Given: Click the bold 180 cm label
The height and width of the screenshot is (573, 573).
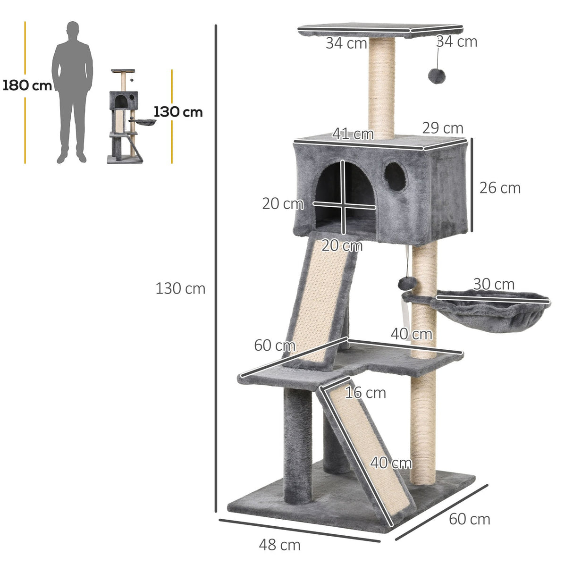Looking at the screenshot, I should [x=27, y=86].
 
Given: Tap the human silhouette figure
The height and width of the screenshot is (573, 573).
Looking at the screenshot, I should [x=72, y=92].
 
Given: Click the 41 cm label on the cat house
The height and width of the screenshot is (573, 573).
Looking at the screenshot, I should [x=353, y=134].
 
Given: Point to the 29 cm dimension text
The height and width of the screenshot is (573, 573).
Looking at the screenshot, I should [x=442, y=128].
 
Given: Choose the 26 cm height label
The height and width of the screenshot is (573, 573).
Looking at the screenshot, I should [x=500, y=188].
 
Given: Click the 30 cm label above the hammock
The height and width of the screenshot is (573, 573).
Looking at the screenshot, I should [x=493, y=284].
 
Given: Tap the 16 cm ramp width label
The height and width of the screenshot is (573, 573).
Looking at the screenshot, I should [x=365, y=393].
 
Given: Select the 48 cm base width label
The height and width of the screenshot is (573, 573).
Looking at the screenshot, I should [x=279, y=545].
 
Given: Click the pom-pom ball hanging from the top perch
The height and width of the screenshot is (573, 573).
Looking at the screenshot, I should [x=435, y=76].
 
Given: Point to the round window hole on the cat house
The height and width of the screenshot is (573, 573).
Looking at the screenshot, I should [x=395, y=177].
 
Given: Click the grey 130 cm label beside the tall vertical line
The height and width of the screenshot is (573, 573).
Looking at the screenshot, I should [x=180, y=288].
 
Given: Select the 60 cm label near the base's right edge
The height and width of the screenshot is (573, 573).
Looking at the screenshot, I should [x=469, y=519].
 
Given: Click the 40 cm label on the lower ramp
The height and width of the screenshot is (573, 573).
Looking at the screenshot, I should [x=390, y=463].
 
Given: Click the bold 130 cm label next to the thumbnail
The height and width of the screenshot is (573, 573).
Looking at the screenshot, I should [x=178, y=112].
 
